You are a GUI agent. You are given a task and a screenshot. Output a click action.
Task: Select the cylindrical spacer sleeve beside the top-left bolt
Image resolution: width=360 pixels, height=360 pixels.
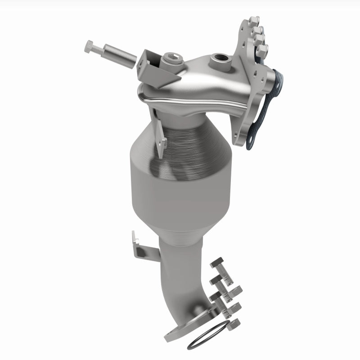[120, 56]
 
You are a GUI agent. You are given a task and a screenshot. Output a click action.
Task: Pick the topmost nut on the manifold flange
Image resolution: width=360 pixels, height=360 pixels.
[255, 21]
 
